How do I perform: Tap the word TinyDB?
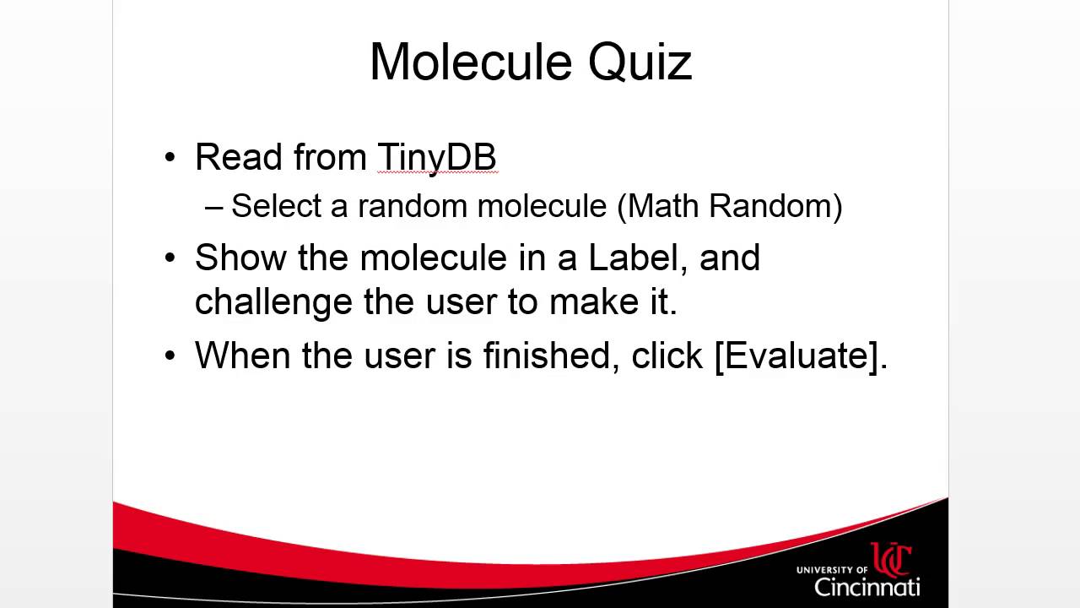[436, 158]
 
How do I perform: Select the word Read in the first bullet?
[237, 157]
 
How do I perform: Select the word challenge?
[273, 302]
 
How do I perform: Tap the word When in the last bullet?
[242, 356]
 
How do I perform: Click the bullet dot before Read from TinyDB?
[171, 158]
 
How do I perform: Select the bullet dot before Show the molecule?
[171, 258]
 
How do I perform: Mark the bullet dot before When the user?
[171, 356]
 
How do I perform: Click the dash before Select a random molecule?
[215, 207]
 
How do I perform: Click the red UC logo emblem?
[891, 559]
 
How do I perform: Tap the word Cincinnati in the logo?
[867, 586]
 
